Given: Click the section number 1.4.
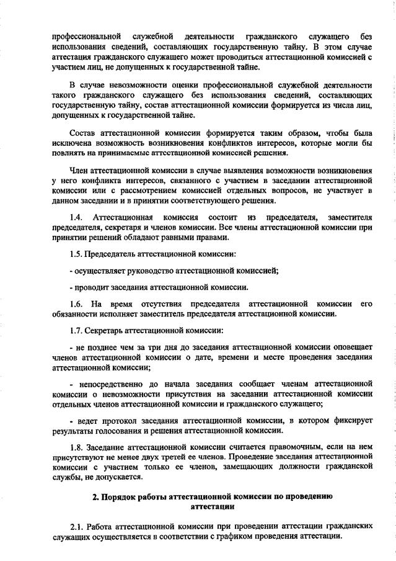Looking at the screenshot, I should click(76, 217).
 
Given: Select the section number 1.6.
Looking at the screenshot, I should click(76, 304).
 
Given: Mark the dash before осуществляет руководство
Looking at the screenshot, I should click(71, 271).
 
